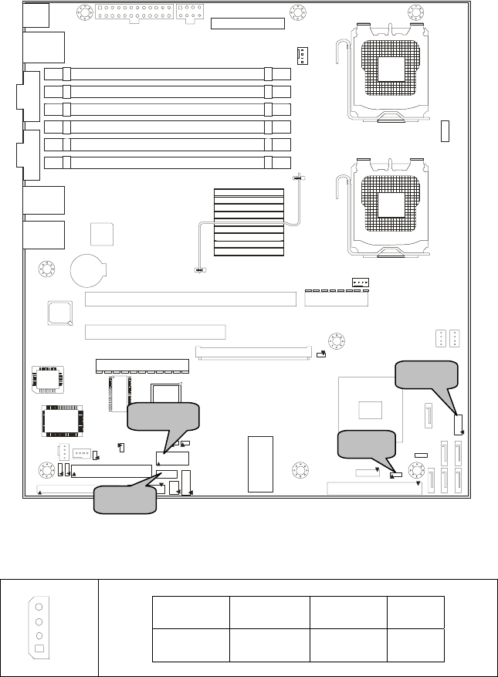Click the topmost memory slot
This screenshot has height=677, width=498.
click(x=168, y=74)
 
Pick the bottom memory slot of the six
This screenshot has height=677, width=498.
click(x=168, y=163)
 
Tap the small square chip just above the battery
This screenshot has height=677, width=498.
click(x=102, y=235)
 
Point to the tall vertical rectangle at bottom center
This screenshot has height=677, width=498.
click(x=261, y=462)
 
